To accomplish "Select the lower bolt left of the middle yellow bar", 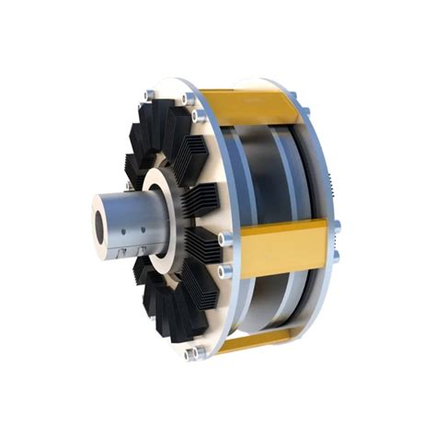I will pyautogui.click(x=223, y=271).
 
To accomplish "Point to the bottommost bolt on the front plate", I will pyautogui.click(x=190, y=354).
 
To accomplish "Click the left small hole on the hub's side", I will pyautogui.click(x=130, y=224).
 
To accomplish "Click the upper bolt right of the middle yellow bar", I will pyautogui.click(x=337, y=225).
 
